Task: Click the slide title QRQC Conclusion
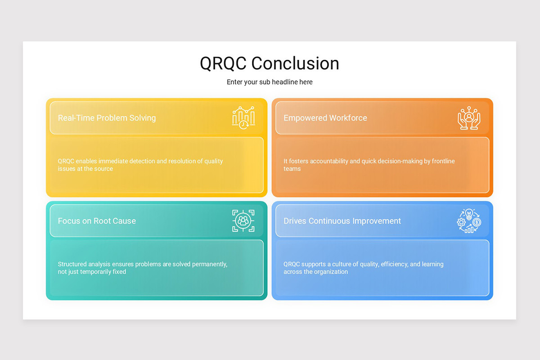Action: tap(270, 63)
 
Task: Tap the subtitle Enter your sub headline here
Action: tap(270, 82)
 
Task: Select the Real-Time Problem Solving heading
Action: tap(107, 118)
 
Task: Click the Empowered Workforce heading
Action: tap(325, 118)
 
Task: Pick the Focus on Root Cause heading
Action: tap(97, 221)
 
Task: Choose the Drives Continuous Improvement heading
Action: tap(342, 221)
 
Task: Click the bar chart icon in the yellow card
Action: tap(243, 118)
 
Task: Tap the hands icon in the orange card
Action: tap(469, 118)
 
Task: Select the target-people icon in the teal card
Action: tap(243, 221)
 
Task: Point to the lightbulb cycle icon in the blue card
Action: tap(469, 221)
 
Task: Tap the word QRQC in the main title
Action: tap(223, 63)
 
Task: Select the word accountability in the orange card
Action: tap(326, 161)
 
